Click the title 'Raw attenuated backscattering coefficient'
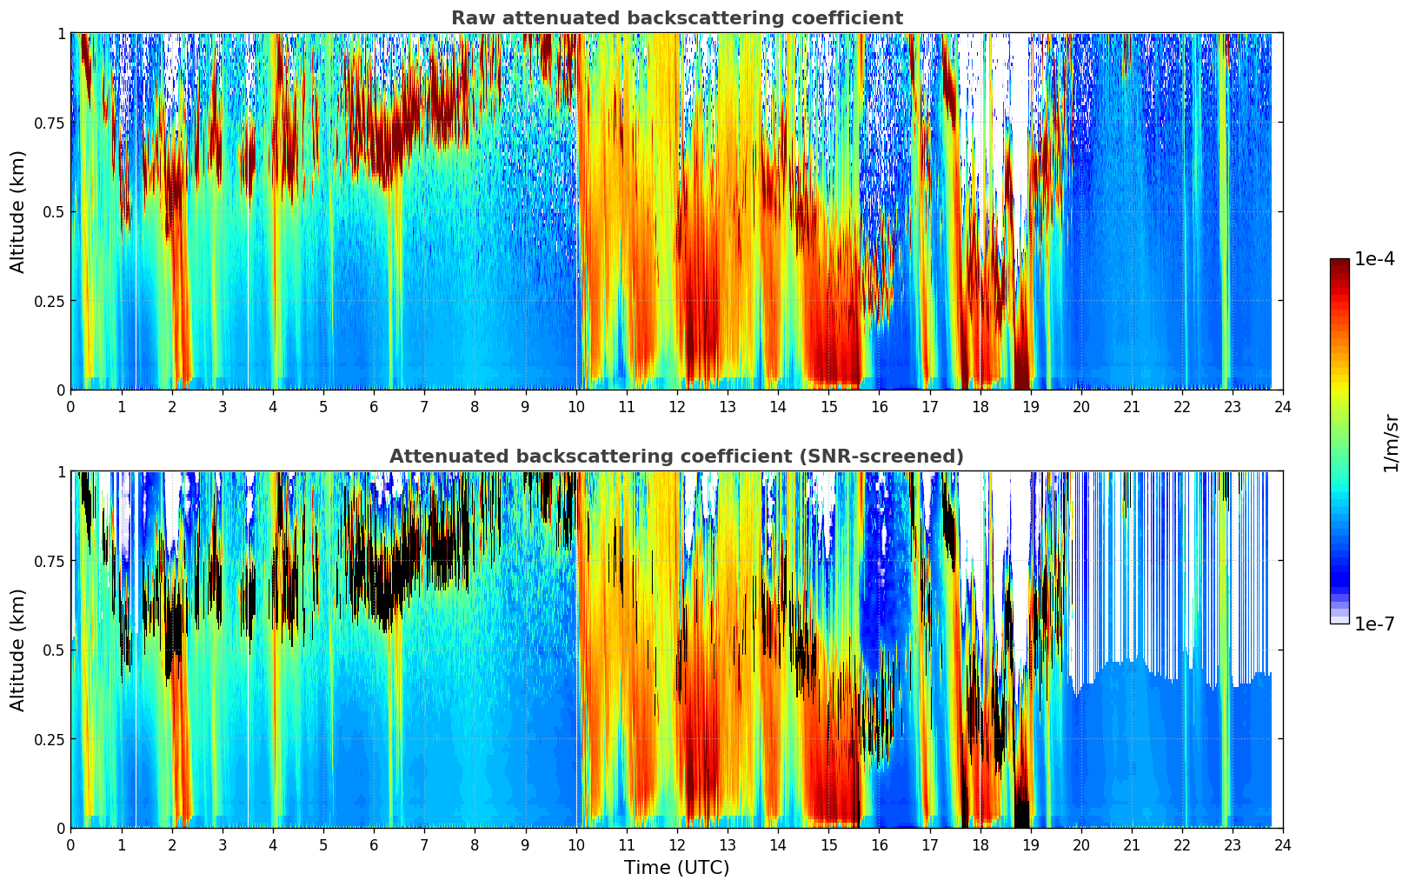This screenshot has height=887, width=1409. click(676, 18)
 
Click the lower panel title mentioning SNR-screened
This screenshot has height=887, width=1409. click(676, 457)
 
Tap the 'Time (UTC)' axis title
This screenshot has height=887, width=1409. click(676, 868)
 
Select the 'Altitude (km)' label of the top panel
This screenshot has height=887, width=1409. click(18, 211)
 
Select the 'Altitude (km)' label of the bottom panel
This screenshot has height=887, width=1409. click(18, 650)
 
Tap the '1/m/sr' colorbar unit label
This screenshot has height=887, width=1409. click(1391, 443)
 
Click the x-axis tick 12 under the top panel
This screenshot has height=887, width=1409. click(676, 406)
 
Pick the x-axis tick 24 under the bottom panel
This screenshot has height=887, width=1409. click(1282, 844)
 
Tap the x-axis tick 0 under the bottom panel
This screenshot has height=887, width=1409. click(70, 844)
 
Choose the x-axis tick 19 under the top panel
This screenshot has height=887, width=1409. click(1030, 406)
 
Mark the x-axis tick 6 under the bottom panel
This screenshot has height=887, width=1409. click(374, 844)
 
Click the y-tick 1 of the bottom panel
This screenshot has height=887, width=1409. click(61, 472)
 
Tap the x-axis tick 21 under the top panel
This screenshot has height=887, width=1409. click(1131, 406)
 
